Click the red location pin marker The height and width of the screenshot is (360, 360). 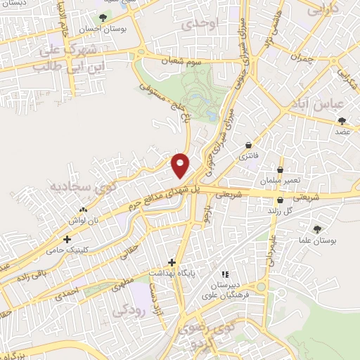point(181,165)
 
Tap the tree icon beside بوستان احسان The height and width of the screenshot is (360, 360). point(103,18)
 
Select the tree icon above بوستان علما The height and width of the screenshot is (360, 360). point(316,229)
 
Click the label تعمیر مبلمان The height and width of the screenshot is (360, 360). point(281,181)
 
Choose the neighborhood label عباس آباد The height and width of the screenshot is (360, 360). point(313,104)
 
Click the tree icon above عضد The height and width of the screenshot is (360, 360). point(342,121)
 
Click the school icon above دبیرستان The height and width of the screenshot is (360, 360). point(225,274)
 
